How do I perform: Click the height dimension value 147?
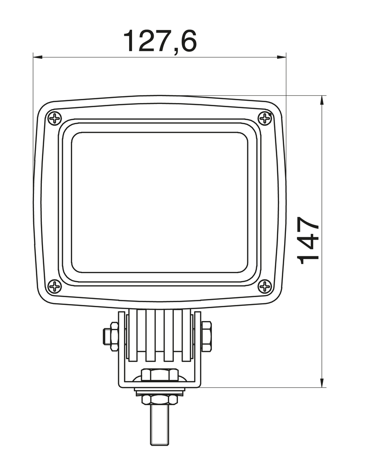(309, 241)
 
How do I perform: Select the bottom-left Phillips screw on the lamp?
(55, 287)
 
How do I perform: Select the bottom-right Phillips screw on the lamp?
(265, 287)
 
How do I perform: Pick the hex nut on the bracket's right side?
(206, 336)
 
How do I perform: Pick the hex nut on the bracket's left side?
(114, 336)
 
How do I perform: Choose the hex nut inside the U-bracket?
(159, 375)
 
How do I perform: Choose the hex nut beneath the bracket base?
(159, 399)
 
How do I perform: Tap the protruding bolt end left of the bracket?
(106, 336)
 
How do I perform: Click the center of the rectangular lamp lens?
(160, 202)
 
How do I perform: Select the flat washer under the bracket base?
(159, 391)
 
